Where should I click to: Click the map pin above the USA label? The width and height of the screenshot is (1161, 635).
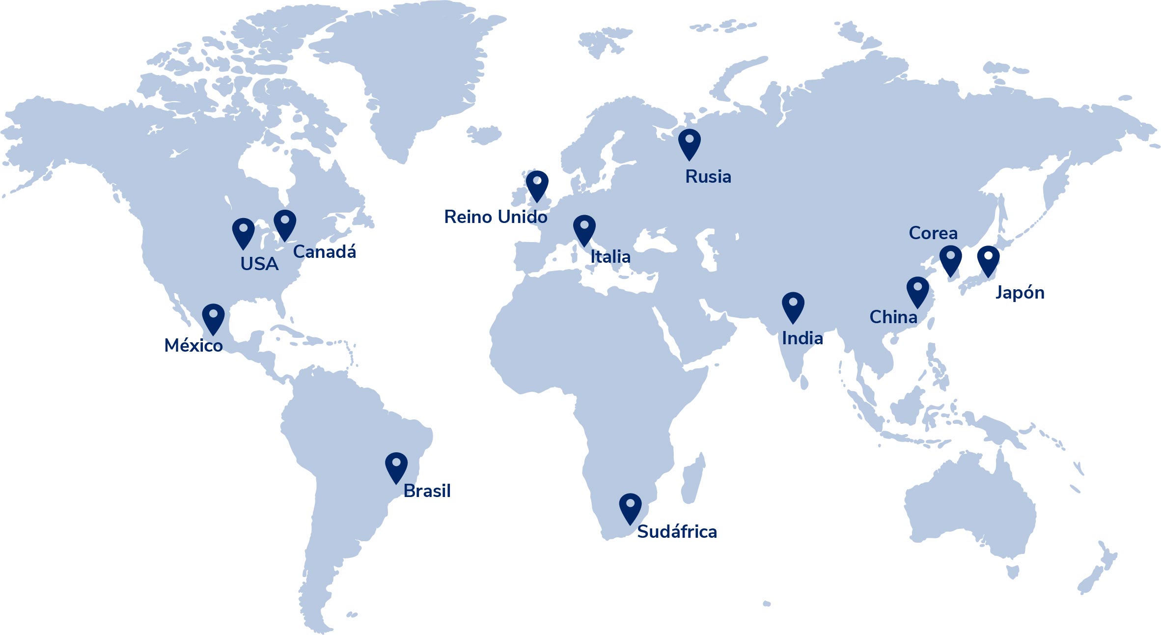pyautogui.click(x=243, y=231)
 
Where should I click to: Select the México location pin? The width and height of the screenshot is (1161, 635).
pyautogui.click(x=213, y=317)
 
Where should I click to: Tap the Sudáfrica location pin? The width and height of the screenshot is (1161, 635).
pyautogui.click(x=630, y=507)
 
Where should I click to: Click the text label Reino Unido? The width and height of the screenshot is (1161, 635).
pyautogui.click(x=496, y=217)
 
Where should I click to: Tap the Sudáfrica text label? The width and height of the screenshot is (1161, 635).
pyautogui.click(x=677, y=532)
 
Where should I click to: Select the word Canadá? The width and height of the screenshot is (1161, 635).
pyautogui.click(x=325, y=252)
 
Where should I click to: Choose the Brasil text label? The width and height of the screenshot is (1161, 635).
pyautogui.click(x=427, y=491)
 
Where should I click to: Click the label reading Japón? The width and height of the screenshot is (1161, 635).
pyautogui.click(x=1020, y=293)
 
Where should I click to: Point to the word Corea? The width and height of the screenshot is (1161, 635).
pyautogui.click(x=933, y=233)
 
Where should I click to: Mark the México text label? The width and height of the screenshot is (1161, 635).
pyautogui.click(x=193, y=346)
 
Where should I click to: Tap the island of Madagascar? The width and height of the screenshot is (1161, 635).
pyautogui.click(x=692, y=479)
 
